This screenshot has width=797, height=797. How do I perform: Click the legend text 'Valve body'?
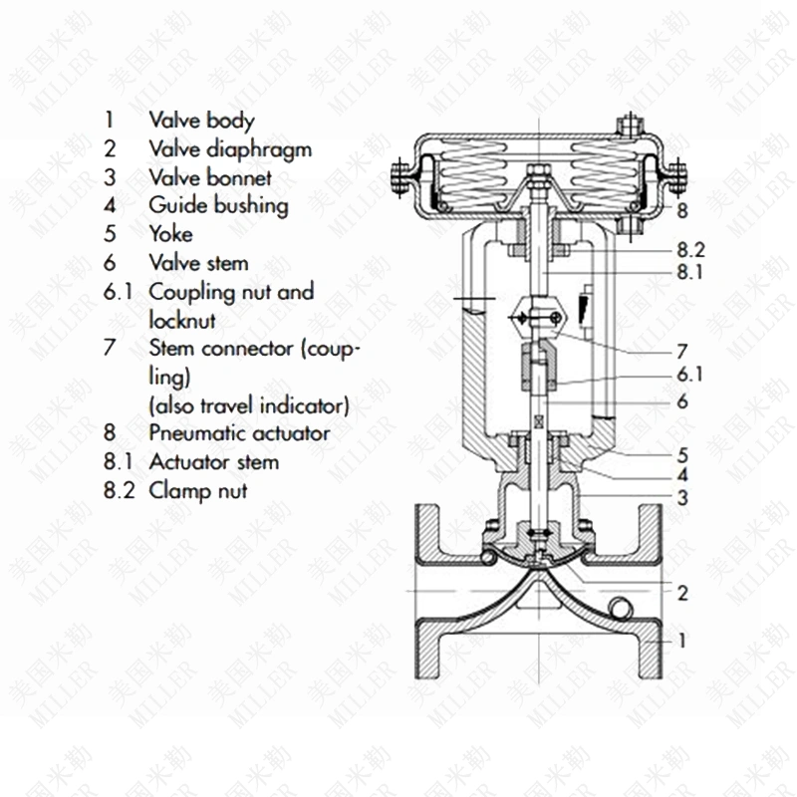click(201, 121)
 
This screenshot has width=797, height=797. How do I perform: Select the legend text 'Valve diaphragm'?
click(230, 149)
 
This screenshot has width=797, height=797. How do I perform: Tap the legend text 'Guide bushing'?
click(218, 206)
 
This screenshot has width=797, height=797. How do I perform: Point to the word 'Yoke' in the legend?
click(170, 235)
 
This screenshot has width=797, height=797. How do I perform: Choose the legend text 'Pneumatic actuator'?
click(239, 433)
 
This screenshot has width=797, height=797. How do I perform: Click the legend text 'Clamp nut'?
click(198, 490)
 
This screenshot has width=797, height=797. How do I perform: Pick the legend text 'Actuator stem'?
click(213, 462)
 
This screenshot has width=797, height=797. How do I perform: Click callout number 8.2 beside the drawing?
click(689, 250)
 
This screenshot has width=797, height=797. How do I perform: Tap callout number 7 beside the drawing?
click(681, 352)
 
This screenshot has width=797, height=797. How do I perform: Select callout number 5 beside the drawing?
click(682, 455)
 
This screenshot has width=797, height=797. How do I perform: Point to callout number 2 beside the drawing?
click(682, 594)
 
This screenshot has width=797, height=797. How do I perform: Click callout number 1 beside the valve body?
click(682, 642)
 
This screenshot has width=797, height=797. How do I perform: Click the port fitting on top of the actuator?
click(627, 127)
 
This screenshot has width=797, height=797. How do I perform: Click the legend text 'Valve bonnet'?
click(210, 178)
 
